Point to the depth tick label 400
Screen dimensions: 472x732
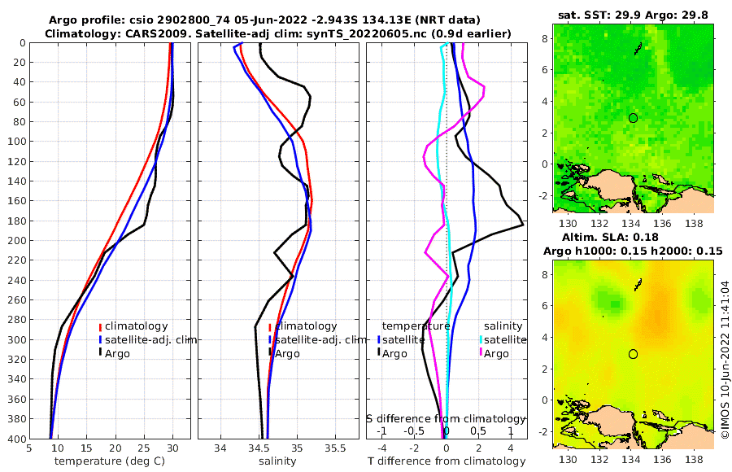tap(15, 439)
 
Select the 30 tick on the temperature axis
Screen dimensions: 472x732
tap(172, 448)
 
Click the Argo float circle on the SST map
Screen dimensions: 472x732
tap(633, 117)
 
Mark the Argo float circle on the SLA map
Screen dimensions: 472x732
tap(633, 353)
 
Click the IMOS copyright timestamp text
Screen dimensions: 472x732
tap(724, 358)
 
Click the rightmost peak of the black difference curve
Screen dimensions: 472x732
tap(522, 223)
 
